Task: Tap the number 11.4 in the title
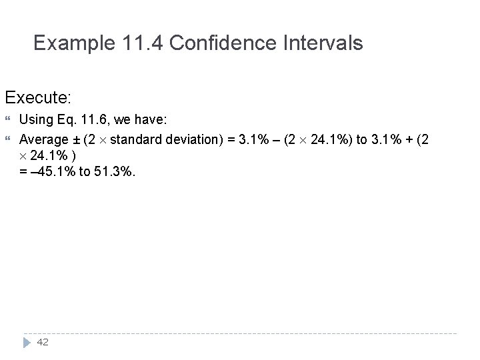147,44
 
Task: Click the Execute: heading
37,97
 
